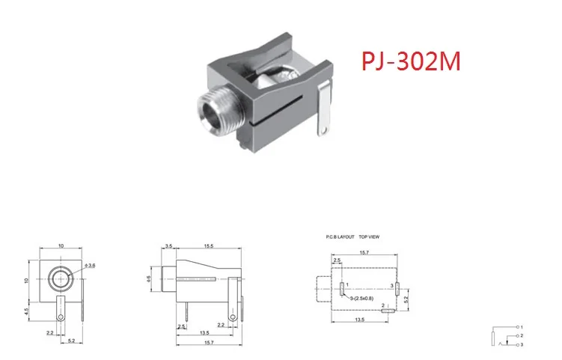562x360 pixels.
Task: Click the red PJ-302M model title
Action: (x=412, y=60)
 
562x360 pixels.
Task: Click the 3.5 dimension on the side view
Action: (x=168, y=246)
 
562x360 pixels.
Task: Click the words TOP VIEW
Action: (x=370, y=237)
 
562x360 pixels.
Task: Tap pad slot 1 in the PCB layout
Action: (x=343, y=289)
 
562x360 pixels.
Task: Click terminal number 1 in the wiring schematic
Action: (x=522, y=328)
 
